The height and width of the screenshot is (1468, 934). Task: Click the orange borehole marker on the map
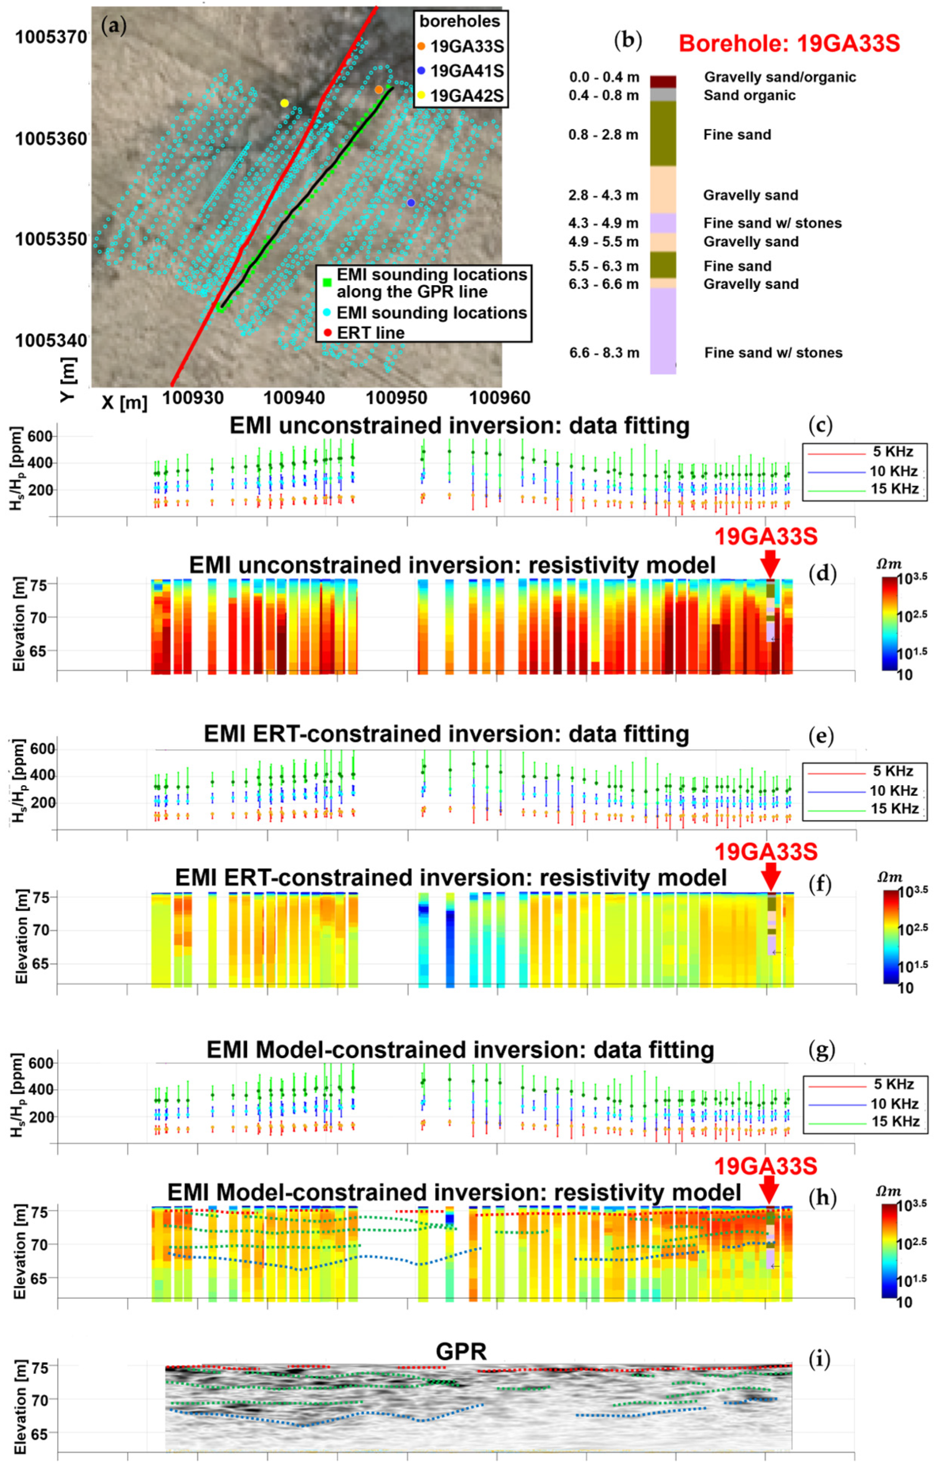(x=379, y=90)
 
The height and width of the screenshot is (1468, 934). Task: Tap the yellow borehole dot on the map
(x=284, y=103)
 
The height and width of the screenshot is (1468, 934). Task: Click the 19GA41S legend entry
(x=466, y=71)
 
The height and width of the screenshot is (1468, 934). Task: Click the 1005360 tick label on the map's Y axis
(x=51, y=139)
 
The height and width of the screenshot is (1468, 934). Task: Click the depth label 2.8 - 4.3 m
(x=603, y=196)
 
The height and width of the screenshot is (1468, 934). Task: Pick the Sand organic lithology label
(x=749, y=96)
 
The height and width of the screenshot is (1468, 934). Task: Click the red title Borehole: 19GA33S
(x=789, y=44)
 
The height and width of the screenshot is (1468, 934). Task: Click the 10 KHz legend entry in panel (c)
(x=893, y=471)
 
